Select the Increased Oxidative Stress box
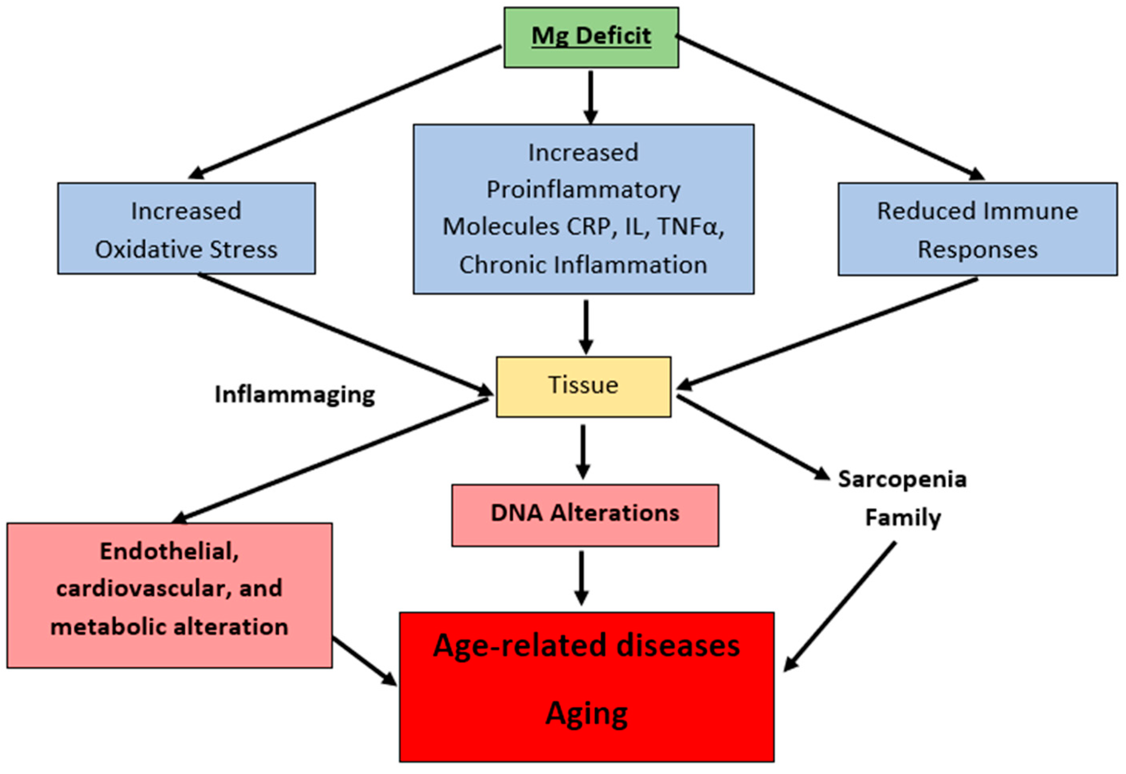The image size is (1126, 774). click(186, 228)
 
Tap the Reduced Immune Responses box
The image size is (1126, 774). click(977, 229)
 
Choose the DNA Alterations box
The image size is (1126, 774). click(585, 515)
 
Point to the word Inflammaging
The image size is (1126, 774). click(295, 394)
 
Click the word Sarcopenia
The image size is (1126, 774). click(902, 479)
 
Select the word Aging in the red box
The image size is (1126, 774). click(587, 714)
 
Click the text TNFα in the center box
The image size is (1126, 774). click(690, 226)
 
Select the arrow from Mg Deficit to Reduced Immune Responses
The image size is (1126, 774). click(830, 107)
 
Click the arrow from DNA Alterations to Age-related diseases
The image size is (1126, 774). click(581, 578)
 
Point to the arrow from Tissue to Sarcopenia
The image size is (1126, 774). click(753, 438)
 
